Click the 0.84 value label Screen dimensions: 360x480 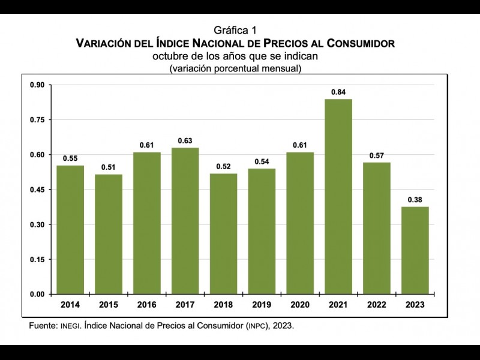click(338, 92)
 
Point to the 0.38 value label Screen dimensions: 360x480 click(415, 200)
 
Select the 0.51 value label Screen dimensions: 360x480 click(109, 167)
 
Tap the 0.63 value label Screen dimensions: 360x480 click(185, 141)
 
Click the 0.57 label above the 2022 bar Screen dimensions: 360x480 click(377, 155)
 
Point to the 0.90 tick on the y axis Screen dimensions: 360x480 click(37, 85)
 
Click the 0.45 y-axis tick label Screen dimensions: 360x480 click(37, 190)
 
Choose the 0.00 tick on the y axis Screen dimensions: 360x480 click(37, 294)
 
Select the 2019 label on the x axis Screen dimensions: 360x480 click(262, 305)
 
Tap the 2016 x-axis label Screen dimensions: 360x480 click(146, 305)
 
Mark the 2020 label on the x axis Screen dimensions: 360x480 click(300, 305)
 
